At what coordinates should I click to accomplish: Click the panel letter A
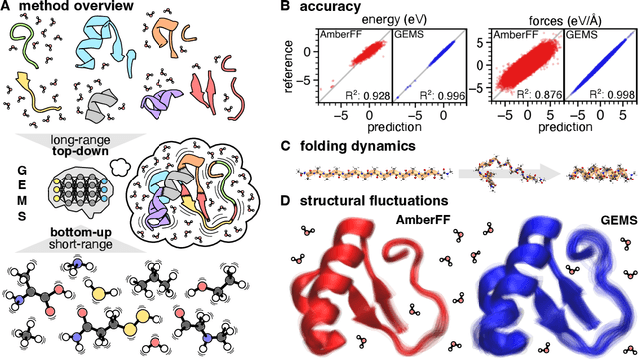coord(7,8)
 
